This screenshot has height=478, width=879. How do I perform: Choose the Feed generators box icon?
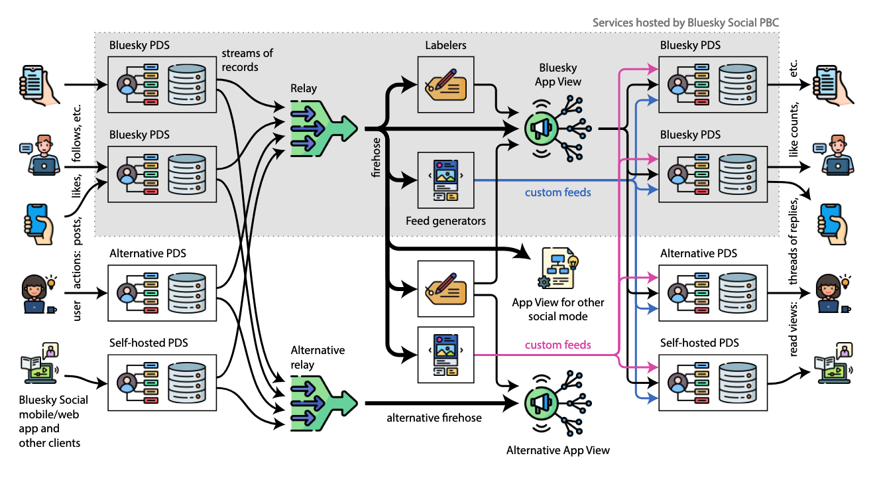[446, 180]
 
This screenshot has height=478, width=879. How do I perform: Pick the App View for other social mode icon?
[557, 269]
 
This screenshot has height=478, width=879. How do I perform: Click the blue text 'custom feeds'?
[558, 193]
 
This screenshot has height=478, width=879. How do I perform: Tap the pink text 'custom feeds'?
[558, 345]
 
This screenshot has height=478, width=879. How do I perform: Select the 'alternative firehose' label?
[434, 418]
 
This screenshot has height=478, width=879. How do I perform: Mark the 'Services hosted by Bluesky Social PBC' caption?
[685, 23]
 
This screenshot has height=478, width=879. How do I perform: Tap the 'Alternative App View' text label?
[557, 450]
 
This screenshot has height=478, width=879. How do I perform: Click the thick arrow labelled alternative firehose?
[438, 403]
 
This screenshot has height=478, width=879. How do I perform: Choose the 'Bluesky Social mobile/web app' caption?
[53, 422]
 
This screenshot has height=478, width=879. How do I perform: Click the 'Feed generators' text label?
[445, 221]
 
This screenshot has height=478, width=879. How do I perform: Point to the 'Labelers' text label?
[445, 45]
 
